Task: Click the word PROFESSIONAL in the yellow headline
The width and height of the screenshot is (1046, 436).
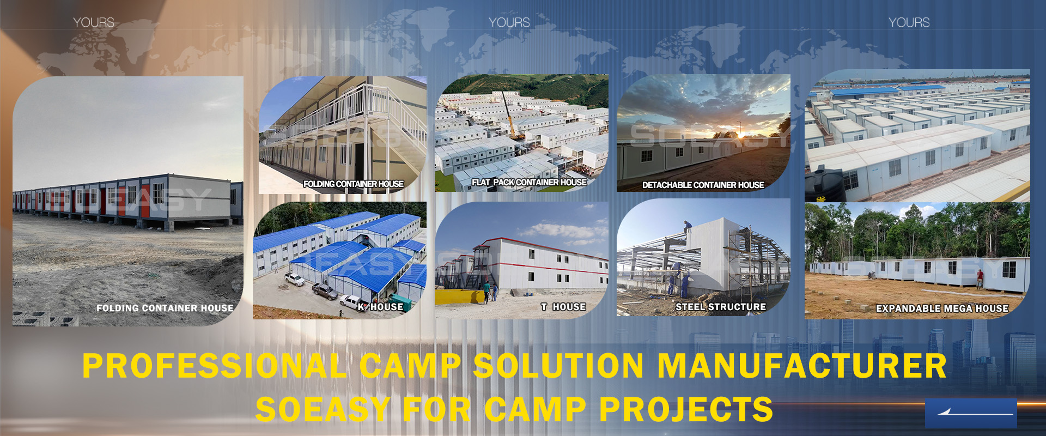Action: tap(215, 366)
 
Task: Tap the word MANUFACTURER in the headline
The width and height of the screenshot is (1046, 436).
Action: tap(802, 366)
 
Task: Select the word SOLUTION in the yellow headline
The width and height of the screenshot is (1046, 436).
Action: tap(559, 366)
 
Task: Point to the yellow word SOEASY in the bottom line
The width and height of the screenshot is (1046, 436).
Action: tap(323, 409)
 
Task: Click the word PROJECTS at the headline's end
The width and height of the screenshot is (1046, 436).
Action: tap(686, 409)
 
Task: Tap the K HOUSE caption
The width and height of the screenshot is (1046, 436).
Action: tap(381, 307)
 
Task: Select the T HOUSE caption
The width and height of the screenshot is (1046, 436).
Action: tap(563, 307)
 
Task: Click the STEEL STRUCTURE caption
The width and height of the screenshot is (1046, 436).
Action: tap(721, 307)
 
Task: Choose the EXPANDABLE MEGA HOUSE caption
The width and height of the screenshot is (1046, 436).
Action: tap(942, 308)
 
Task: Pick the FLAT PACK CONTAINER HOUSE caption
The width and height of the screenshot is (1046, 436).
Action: tap(529, 182)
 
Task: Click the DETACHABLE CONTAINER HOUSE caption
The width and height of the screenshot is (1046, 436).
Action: tap(703, 185)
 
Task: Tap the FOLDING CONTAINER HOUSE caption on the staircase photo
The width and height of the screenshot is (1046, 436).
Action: tap(354, 184)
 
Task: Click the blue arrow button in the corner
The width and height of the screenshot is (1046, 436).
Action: tap(971, 413)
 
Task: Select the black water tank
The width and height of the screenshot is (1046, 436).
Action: tap(825, 185)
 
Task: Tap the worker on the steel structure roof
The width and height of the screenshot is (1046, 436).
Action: tap(688, 225)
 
